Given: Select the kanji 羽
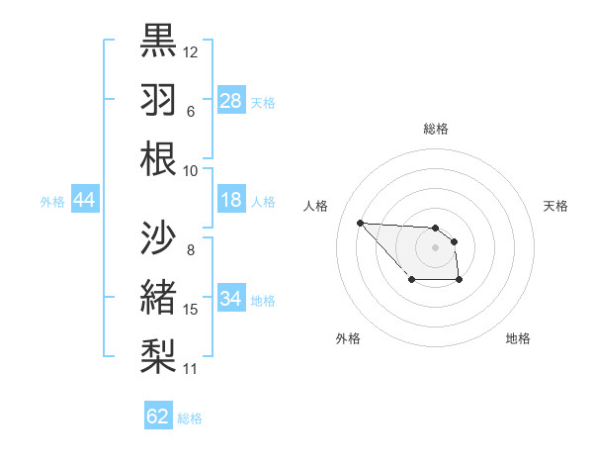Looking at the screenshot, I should (x=158, y=99).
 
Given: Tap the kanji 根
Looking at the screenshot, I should (x=158, y=158).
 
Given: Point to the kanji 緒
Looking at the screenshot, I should (x=158, y=297).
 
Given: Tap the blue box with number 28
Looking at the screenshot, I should (x=231, y=101).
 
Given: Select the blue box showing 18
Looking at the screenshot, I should (x=231, y=201).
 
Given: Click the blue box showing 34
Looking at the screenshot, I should (x=231, y=299).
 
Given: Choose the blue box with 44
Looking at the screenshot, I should (x=85, y=201).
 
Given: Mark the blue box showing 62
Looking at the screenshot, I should (x=158, y=417).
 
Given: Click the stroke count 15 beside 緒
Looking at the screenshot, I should (x=191, y=310).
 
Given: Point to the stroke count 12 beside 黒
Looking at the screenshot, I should (x=191, y=51).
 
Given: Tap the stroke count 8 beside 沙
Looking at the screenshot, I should (x=191, y=249).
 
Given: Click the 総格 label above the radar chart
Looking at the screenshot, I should (x=436, y=129).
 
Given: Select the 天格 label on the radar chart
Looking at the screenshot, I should (x=556, y=206).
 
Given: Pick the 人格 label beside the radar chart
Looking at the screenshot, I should (x=315, y=206).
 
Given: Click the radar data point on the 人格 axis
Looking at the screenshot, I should (x=360, y=223).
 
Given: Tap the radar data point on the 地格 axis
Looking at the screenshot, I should (x=460, y=281).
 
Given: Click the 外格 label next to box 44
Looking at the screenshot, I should (x=52, y=202).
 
